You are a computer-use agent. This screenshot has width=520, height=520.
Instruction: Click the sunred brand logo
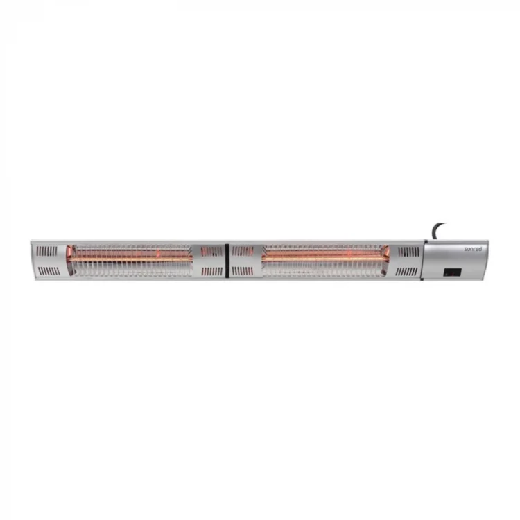pos(473,249)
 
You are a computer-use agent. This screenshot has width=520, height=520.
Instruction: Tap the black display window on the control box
pos(453,272)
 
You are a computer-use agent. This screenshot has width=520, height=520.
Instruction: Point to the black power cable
pos(437,230)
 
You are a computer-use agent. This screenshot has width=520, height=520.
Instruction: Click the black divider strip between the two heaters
pos(227,261)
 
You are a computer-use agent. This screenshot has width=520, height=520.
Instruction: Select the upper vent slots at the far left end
pos(46,251)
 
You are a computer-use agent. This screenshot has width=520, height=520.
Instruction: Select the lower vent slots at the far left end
pos(49,272)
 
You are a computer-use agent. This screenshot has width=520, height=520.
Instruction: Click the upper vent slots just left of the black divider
pos(211,251)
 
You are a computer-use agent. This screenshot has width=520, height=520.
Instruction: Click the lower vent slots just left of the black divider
pos(212,272)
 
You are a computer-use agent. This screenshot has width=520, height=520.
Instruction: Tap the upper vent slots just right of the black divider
pos(243,251)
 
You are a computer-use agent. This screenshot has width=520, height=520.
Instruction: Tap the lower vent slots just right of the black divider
pos(243,272)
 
